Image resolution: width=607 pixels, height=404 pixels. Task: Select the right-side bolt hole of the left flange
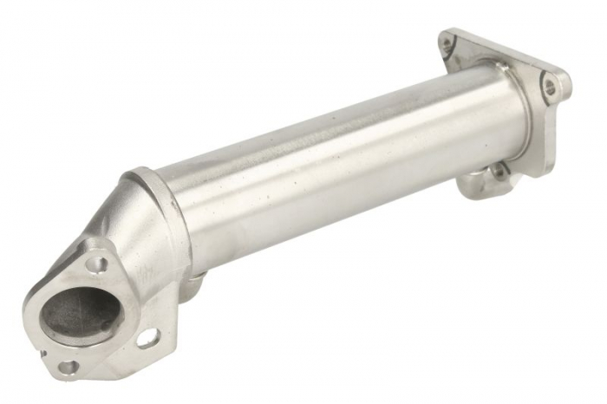click(147, 336)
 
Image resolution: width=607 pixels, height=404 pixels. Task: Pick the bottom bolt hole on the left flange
click(67, 368)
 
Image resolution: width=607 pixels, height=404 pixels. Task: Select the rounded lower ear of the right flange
click(486, 182)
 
